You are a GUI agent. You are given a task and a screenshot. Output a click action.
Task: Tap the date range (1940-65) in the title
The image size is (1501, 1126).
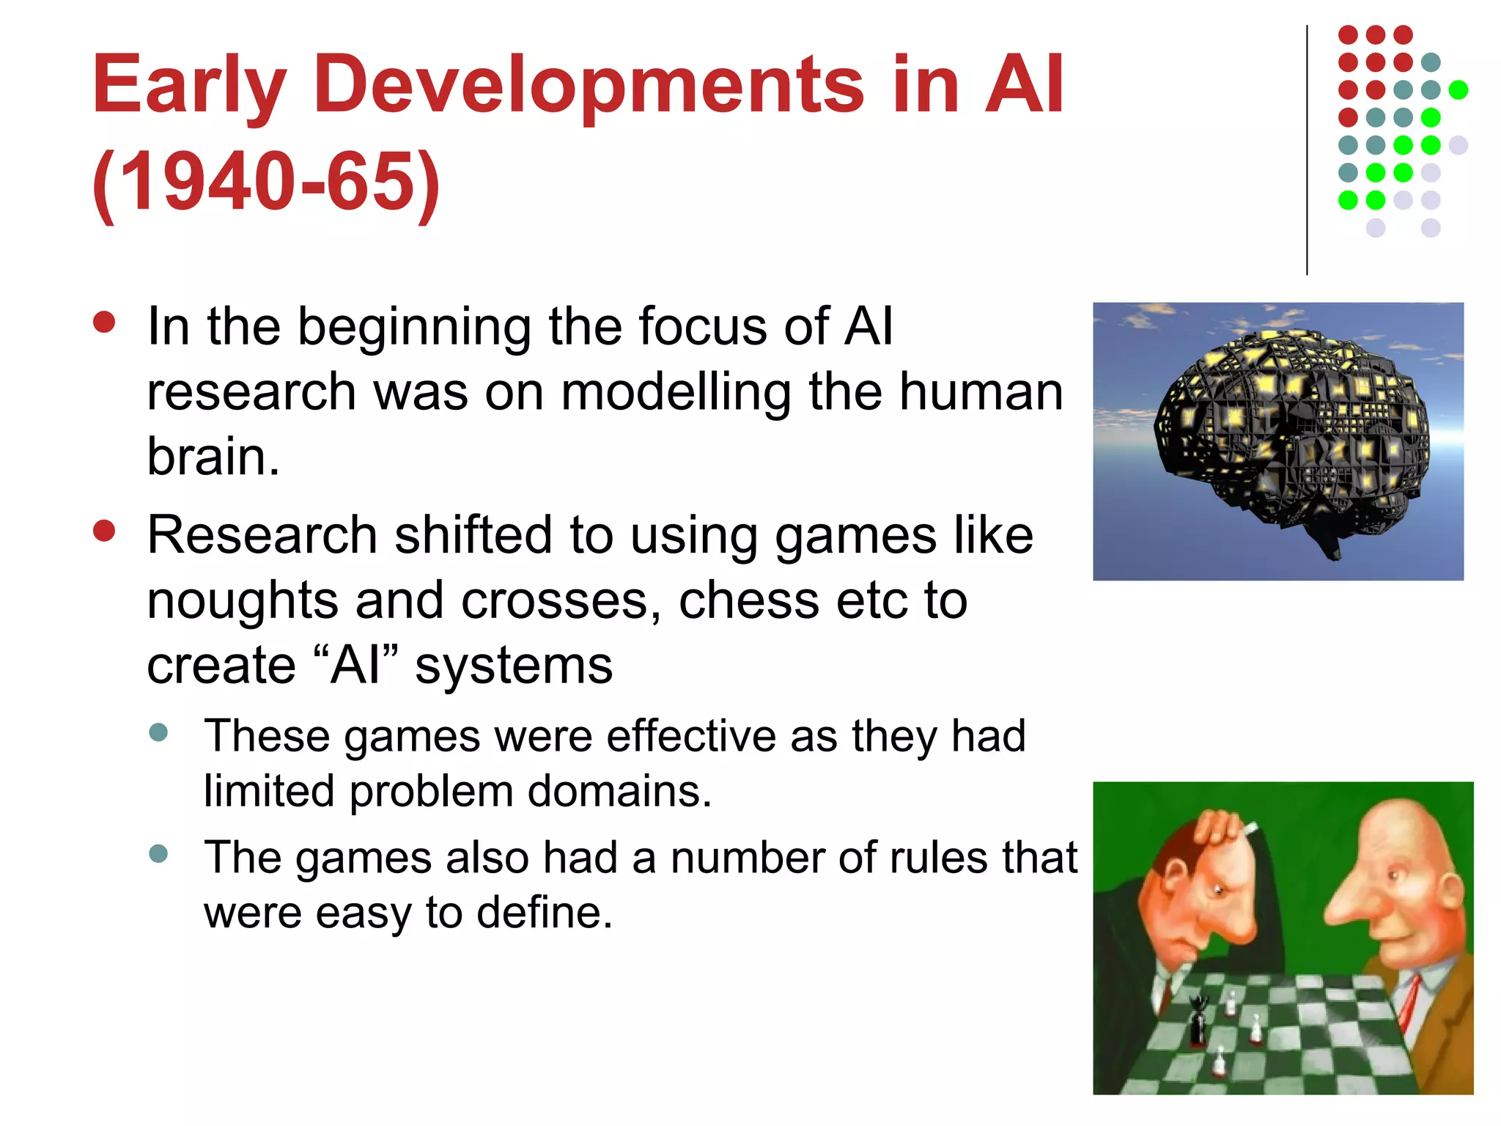(x=267, y=182)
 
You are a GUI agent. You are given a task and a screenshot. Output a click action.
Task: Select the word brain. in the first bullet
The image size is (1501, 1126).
(x=213, y=457)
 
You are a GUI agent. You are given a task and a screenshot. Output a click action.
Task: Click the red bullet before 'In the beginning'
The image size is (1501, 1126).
(x=104, y=323)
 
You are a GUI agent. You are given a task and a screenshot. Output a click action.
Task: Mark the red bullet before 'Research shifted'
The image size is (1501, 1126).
(x=104, y=531)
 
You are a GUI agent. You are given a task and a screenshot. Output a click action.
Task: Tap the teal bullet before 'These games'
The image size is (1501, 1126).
(x=158, y=732)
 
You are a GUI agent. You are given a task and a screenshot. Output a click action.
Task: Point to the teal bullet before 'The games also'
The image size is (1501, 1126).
(x=158, y=853)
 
